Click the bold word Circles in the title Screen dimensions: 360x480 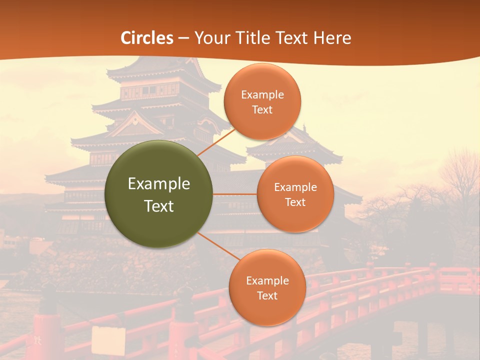pyautogui.click(x=147, y=38)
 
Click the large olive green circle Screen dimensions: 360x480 pyautogui.click(x=159, y=194)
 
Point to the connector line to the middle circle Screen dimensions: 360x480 pyautogui.click(x=235, y=194)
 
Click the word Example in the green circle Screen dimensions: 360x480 pyautogui.click(x=159, y=184)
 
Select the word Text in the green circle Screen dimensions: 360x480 pyautogui.click(x=159, y=206)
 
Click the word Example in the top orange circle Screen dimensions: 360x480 pyautogui.click(x=262, y=94)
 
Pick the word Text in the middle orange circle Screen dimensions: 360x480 pyautogui.click(x=295, y=202)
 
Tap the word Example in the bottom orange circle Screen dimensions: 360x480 pyautogui.click(x=267, y=280)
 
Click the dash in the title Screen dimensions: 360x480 pyautogui.click(x=183, y=38)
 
